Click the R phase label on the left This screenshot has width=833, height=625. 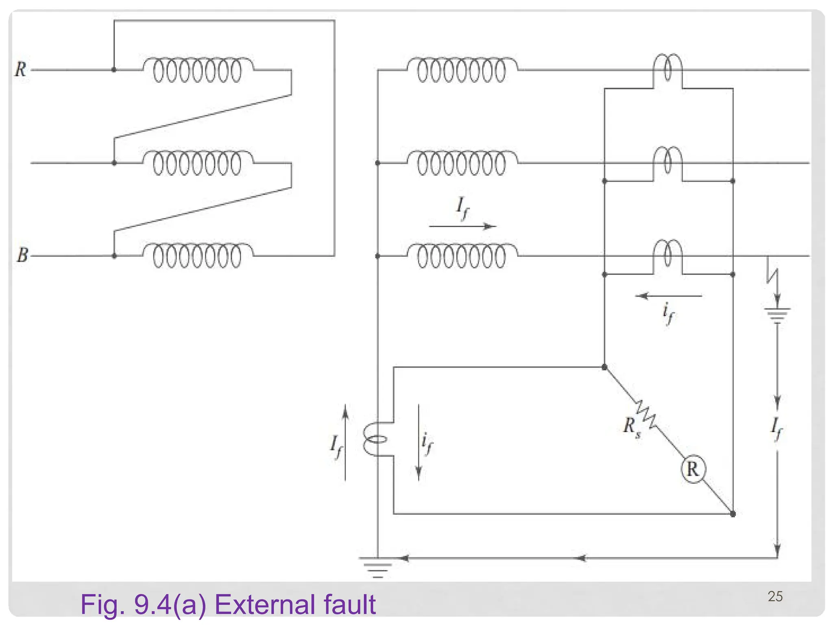(21, 70)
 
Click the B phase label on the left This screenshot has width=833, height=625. (22, 255)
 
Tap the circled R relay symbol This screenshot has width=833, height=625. (693, 469)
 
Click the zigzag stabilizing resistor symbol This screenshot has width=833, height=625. (646, 414)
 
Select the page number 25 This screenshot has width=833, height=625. (775, 597)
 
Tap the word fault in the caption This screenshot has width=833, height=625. (350, 605)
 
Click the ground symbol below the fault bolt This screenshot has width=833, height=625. (777, 315)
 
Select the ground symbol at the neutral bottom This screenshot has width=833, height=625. (377, 567)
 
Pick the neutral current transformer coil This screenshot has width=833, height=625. (374, 439)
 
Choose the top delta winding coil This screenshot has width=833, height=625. (198, 70)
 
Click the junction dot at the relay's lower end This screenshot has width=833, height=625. (733, 514)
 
